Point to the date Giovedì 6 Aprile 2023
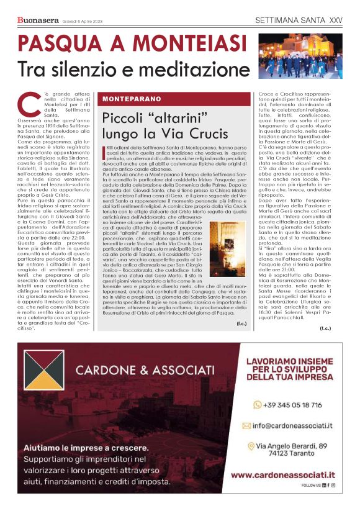tap(84, 21)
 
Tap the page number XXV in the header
tap(334, 20)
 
